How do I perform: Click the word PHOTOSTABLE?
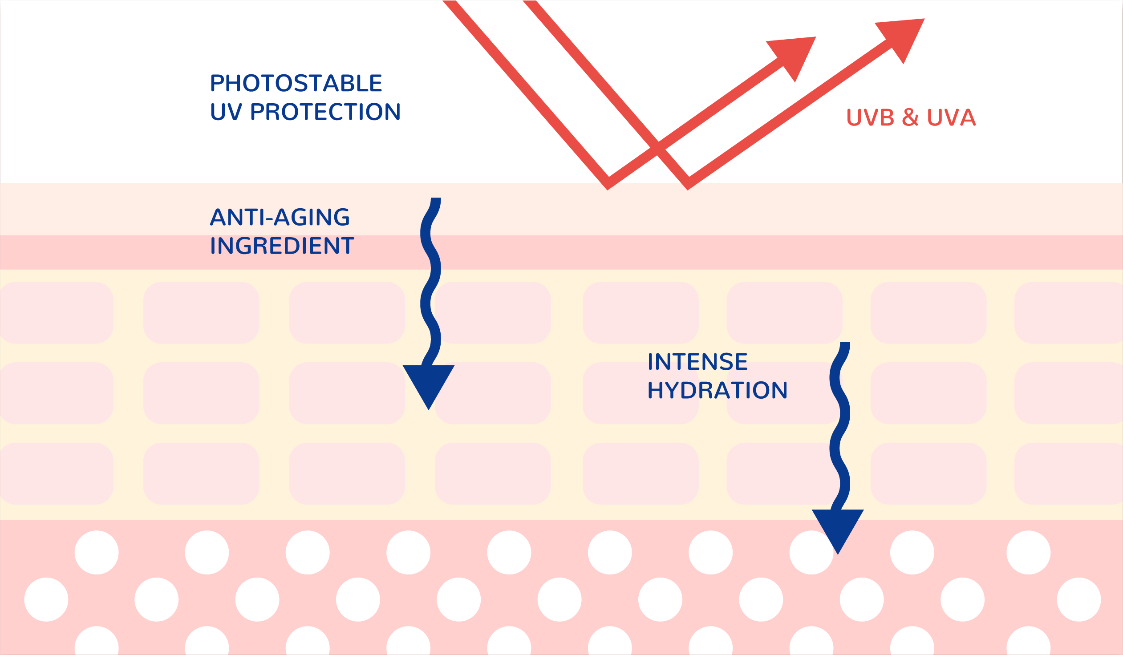coord(296,83)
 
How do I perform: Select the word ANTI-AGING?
coord(280,217)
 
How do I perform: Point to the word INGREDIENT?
coord(282,246)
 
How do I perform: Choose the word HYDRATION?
coord(718,390)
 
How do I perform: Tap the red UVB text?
coord(870,117)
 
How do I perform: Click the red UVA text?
coord(952,117)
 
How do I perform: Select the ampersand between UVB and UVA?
coord(910,117)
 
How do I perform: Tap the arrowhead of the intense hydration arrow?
coord(838,529)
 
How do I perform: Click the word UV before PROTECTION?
coord(227,111)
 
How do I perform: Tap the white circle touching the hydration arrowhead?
coord(811,552)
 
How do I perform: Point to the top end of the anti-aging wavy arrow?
coord(436,198)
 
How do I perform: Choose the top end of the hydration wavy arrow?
coord(845,343)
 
